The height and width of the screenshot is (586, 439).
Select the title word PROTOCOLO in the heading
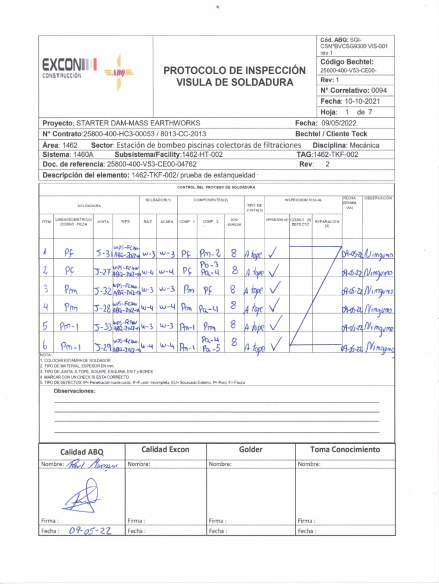[192, 70]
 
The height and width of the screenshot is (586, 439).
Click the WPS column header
[125, 221]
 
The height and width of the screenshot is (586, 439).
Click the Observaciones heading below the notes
[74, 391]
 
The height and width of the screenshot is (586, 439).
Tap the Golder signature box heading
[250, 450]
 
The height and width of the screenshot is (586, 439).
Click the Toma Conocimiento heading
[345, 450]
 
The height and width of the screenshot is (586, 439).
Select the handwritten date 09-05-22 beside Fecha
[89, 530]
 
